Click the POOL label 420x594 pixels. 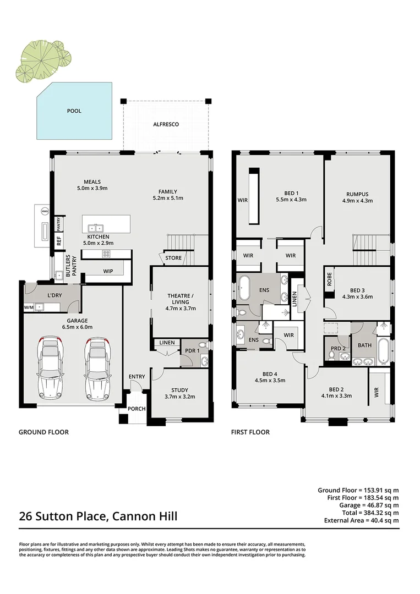[74, 111]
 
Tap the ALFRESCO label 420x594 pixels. [166, 124]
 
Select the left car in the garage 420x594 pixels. [50, 368]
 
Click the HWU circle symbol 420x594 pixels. [45, 211]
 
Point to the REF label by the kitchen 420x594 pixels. [58, 240]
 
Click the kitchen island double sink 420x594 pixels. [95, 228]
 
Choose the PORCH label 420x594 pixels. [137, 409]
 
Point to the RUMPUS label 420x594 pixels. [357, 194]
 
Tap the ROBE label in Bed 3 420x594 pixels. [329, 279]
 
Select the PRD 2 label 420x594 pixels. [338, 348]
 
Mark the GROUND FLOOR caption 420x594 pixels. [43, 432]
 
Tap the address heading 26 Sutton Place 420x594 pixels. [98, 517]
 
